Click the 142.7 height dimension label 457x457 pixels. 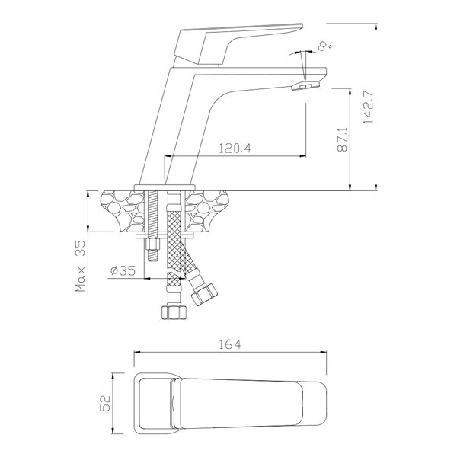point(368,107)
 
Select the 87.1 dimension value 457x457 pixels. point(343,139)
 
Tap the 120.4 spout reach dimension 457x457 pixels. point(235,149)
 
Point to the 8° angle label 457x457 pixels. point(325,46)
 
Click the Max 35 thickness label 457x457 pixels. point(80,266)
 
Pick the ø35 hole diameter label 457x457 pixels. point(123,270)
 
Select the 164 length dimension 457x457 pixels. point(230,344)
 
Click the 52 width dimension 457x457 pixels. point(105,403)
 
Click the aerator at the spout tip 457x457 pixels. point(305,85)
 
